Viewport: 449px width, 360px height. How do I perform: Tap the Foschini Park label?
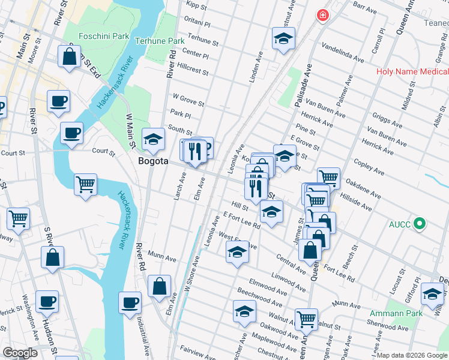(x=105, y=36)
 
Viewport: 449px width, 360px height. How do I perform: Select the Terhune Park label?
(x=159, y=41)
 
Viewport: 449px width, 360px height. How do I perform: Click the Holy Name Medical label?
(x=412, y=72)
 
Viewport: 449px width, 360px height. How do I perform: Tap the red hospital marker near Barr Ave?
(x=324, y=15)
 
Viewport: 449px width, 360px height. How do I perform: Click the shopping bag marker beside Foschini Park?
(x=70, y=57)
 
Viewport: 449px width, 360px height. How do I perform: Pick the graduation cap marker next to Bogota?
(x=154, y=139)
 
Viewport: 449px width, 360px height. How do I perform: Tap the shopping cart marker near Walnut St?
(x=306, y=319)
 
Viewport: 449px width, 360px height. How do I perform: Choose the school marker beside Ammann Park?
(x=432, y=293)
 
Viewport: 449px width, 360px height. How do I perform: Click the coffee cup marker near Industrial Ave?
(x=130, y=302)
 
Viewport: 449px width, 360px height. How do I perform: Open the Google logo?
(x=20, y=353)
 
